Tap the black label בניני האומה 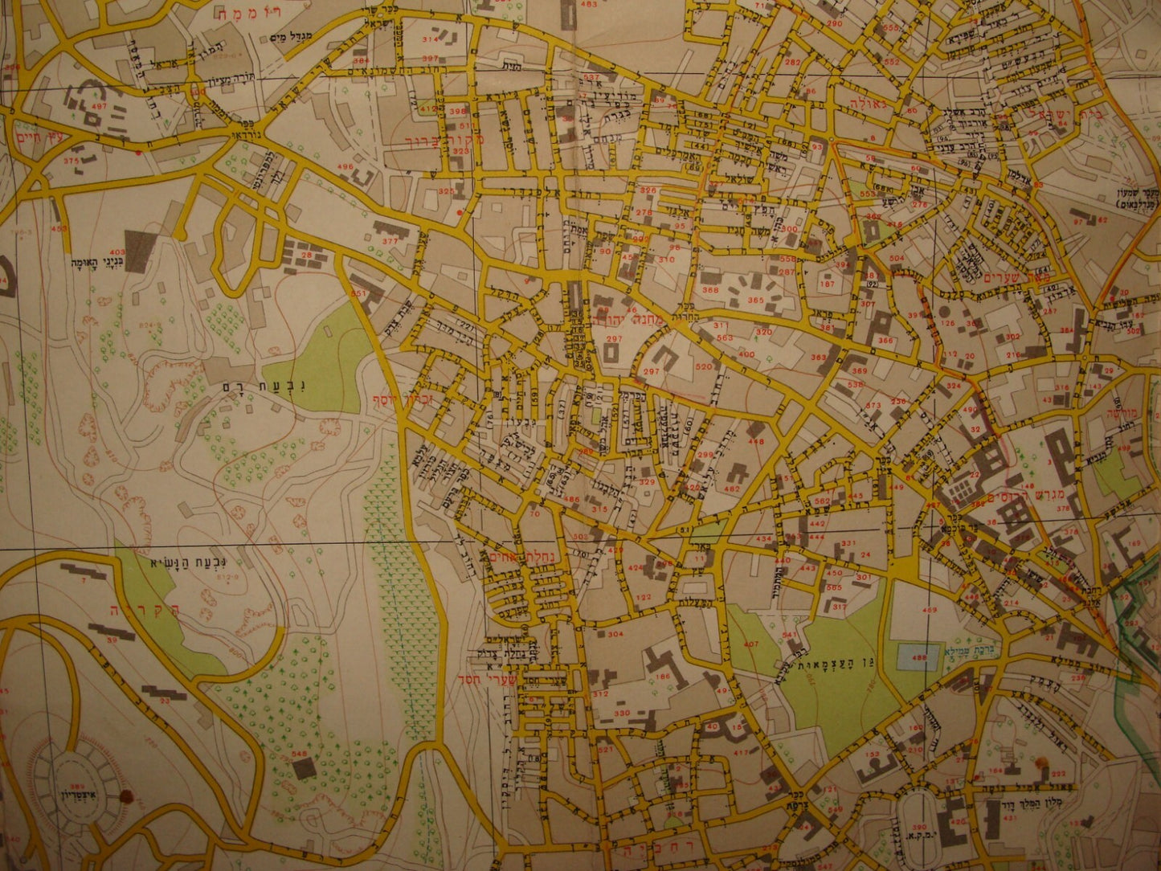click(96, 263)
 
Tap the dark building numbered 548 click(304, 767)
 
